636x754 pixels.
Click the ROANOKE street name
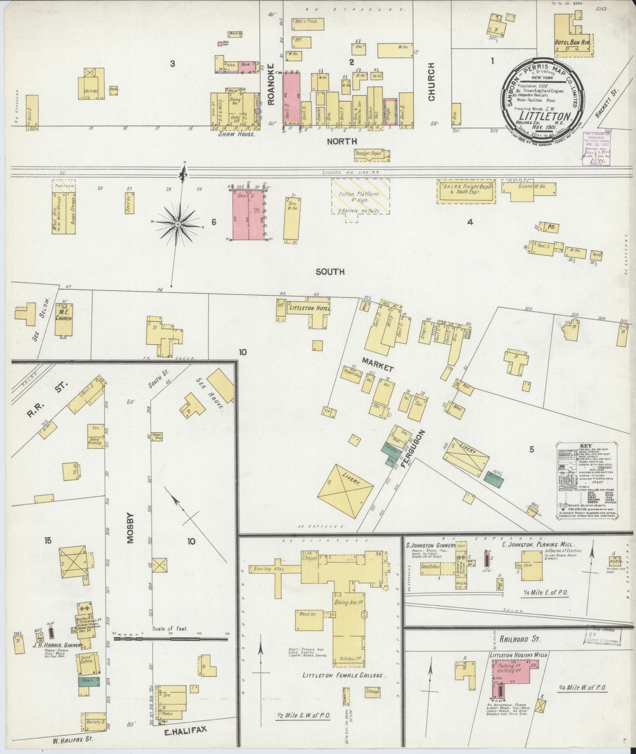point(271,90)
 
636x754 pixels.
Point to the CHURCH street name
point(431,81)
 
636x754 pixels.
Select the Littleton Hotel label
point(309,308)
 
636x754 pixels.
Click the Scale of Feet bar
point(171,638)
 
